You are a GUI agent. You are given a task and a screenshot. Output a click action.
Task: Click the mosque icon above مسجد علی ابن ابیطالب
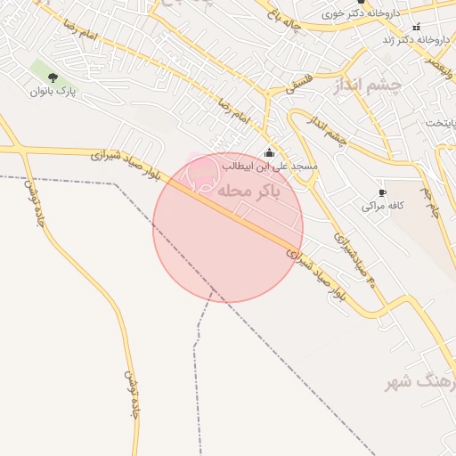click(269, 152)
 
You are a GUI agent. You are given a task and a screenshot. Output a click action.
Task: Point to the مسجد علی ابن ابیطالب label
click(269, 167)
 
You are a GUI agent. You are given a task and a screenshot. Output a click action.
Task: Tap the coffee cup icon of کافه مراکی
click(382, 192)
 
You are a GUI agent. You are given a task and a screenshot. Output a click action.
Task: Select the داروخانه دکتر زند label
click(415, 40)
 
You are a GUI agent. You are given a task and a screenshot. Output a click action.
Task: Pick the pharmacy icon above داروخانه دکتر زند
click(416, 27)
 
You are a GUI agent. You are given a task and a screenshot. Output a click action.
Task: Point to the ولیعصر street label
click(432, 70)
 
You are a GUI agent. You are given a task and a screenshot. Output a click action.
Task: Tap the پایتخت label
click(439, 122)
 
